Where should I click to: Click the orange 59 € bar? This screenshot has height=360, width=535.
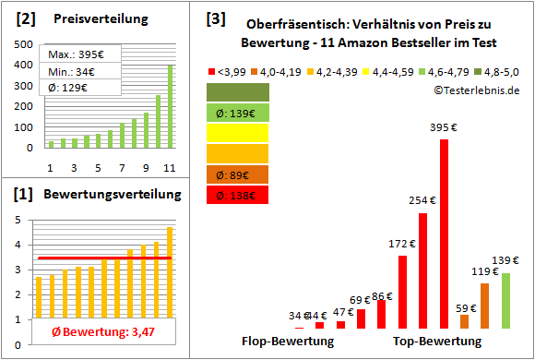pyautogui.click(x=464, y=321)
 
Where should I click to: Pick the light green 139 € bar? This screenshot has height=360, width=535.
pyautogui.click(x=505, y=301)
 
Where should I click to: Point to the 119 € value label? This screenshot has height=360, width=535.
pyautogui.click(x=484, y=272)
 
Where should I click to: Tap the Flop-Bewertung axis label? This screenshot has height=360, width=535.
pyautogui.click(x=288, y=342)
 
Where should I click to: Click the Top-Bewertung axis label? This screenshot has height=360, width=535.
pyautogui.click(x=437, y=342)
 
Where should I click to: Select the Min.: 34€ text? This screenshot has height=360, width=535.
pyautogui.click(x=75, y=71)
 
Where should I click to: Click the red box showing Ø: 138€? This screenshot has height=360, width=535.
pyautogui.click(x=238, y=195)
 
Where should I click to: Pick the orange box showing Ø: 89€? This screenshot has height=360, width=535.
pyautogui.click(x=238, y=174)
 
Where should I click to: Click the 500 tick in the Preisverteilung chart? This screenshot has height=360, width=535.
pyautogui.click(x=22, y=44)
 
